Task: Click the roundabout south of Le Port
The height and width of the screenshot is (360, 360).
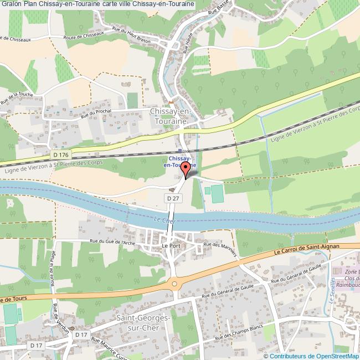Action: point(175,284)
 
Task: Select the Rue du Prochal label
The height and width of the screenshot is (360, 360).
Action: point(96,113)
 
